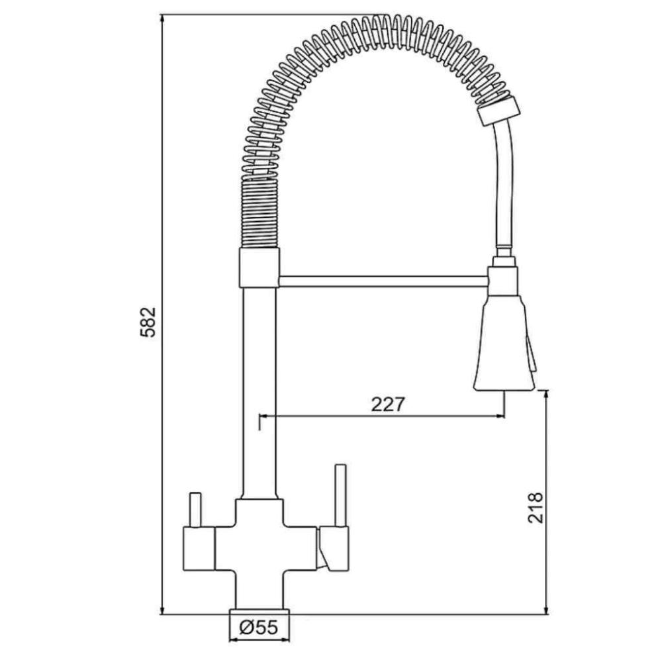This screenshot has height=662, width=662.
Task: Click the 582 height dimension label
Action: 148,322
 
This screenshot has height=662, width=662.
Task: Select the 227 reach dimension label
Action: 387,404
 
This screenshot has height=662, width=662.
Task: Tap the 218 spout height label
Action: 536,508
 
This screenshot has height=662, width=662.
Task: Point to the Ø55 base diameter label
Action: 259,628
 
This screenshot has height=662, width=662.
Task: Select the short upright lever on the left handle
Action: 195,510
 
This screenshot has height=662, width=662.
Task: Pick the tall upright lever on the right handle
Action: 340,496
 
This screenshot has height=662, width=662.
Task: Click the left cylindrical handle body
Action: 199,549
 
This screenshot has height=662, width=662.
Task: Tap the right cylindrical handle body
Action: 334,549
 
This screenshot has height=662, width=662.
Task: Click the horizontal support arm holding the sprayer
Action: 383,281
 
